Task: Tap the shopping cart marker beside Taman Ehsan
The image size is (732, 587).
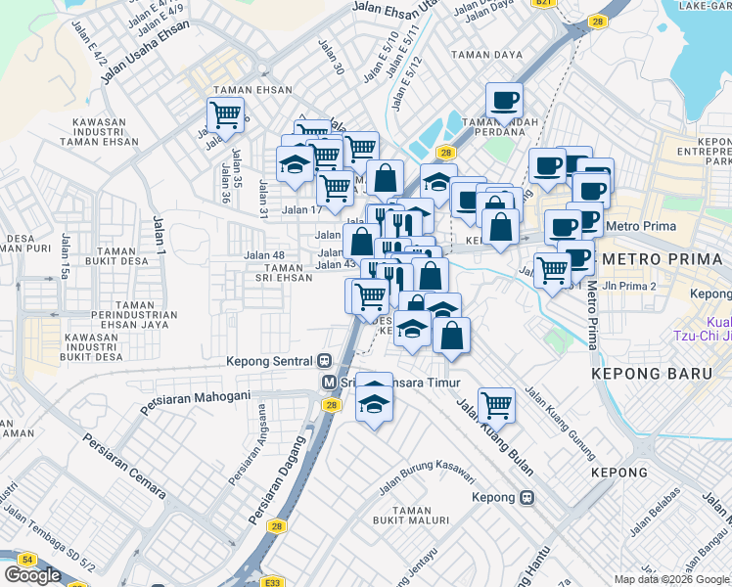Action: (x=225, y=115)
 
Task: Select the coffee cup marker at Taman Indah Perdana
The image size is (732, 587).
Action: (x=504, y=100)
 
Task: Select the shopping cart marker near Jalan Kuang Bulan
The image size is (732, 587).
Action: (x=496, y=403)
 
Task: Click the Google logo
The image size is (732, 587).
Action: (x=32, y=575)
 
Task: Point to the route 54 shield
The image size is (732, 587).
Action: (x=26, y=559)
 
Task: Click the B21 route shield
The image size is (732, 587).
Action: (x=544, y=4)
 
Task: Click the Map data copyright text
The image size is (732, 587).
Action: (x=671, y=579)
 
